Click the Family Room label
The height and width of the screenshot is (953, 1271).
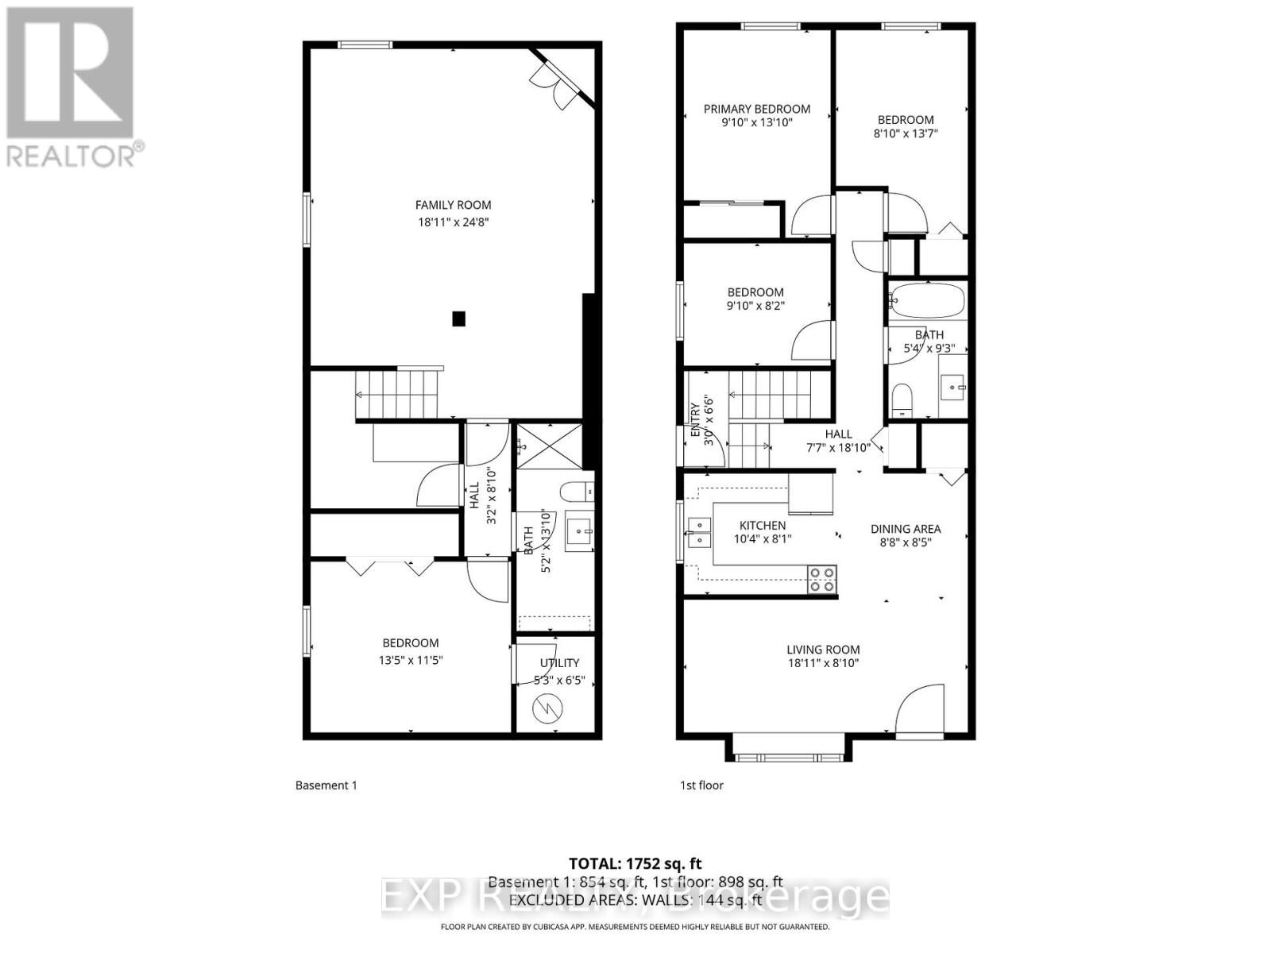453,205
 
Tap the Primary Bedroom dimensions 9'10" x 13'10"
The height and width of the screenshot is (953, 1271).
756,123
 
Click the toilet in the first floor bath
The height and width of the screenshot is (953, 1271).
901,399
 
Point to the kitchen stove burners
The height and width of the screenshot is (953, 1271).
822,579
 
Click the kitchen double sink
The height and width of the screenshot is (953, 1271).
699,532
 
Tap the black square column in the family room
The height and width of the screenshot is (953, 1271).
458,318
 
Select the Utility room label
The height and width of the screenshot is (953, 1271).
559,662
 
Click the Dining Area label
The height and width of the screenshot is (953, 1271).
905,529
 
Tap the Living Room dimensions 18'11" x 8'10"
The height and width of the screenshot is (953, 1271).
823,663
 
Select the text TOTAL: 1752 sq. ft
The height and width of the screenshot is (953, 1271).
635,863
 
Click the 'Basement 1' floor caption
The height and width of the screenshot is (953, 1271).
326,785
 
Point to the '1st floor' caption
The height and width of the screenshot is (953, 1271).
701,785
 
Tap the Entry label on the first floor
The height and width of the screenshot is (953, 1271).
696,419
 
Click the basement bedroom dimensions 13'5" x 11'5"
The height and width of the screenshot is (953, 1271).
410,660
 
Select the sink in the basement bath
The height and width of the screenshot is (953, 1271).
580,531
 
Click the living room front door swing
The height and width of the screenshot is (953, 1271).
920,709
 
